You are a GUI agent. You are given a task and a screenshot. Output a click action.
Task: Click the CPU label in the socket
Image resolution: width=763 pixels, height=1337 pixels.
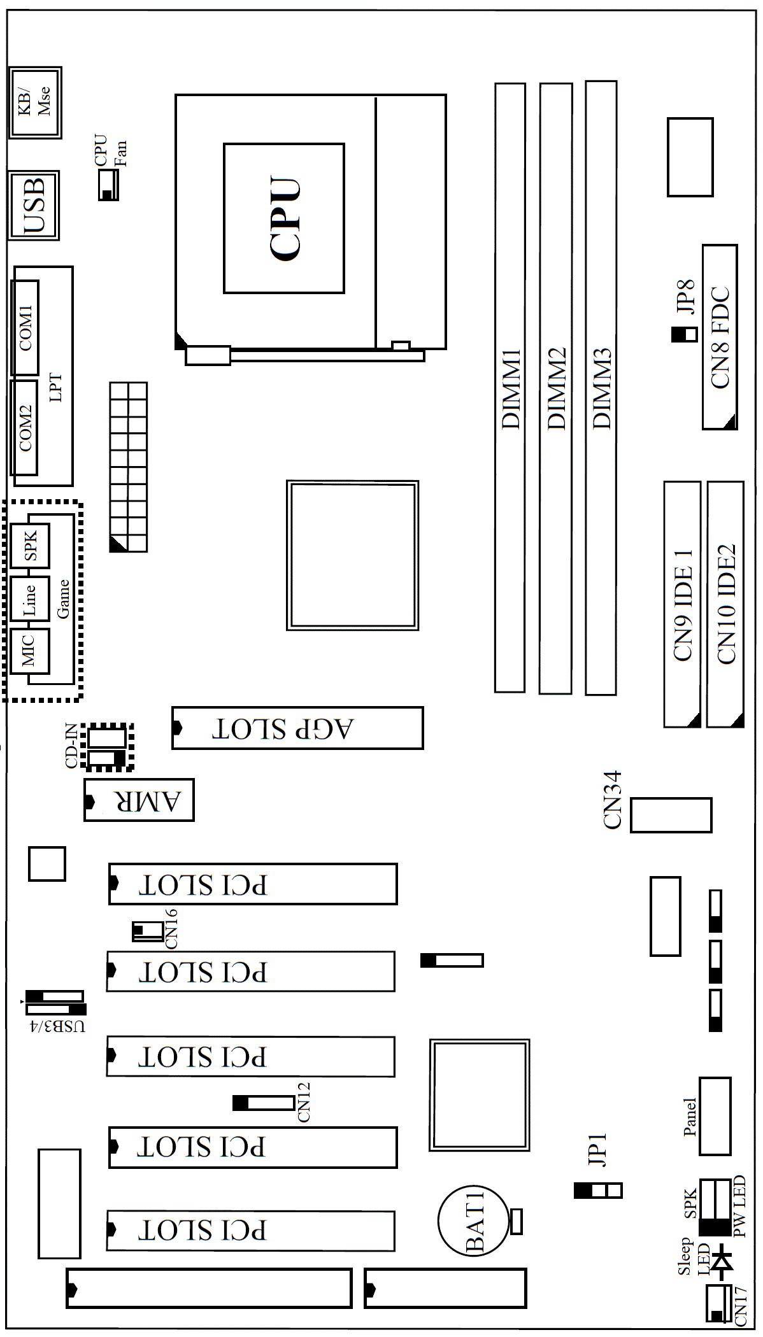pyautogui.click(x=285, y=218)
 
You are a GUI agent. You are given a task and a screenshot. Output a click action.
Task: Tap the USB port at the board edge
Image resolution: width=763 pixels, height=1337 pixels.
pyautogui.click(x=34, y=205)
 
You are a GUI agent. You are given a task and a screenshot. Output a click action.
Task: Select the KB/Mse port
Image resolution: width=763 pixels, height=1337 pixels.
pyautogui.click(x=35, y=102)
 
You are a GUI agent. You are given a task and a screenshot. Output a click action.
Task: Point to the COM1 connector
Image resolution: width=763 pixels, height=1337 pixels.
pyautogui.click(x=25, y=327)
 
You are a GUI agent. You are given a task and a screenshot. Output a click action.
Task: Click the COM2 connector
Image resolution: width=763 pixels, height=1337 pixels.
pyautogui.click(x=24, y=428)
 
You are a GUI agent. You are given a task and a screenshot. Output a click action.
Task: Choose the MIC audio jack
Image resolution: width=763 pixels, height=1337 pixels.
pyautogui.click(x=30, y=651)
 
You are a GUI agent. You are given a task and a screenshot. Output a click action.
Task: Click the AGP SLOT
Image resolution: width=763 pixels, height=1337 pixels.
pyautogui.click(x=297, y=728)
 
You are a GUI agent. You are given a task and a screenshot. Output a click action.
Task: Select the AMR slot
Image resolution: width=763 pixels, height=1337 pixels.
pyautogui.click(x=139, y=800)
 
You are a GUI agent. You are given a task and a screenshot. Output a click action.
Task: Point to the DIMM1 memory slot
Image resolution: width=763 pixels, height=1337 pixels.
pyautogui.click(x=510, y=387)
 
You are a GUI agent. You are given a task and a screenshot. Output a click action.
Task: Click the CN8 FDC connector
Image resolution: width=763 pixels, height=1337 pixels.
pyautogui.click(x=720, y=337)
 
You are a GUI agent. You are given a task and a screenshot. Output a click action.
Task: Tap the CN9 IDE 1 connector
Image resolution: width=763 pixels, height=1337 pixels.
pyautogui.click(x=682, y=604)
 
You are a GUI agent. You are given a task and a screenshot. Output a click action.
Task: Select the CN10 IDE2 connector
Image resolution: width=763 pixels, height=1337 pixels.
pyautogui.click(x=725, y=604)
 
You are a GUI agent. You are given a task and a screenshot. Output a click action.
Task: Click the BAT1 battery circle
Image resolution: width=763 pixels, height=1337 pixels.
pyautogui.click(x=474, y=1220)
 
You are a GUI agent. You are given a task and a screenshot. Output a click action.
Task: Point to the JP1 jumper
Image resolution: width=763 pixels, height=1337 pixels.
pyautogui.click(x=597, y=1190)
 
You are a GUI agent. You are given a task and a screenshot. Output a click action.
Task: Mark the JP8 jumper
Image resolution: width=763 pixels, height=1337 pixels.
pyautogui.click(x=685, y=335)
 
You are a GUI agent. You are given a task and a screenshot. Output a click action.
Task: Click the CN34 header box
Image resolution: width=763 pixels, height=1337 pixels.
pyautogui.click(x=671, y=815)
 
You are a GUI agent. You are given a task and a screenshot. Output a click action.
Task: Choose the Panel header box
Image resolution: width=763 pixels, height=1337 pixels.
pyautogui.click(x=715, y=1117)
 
